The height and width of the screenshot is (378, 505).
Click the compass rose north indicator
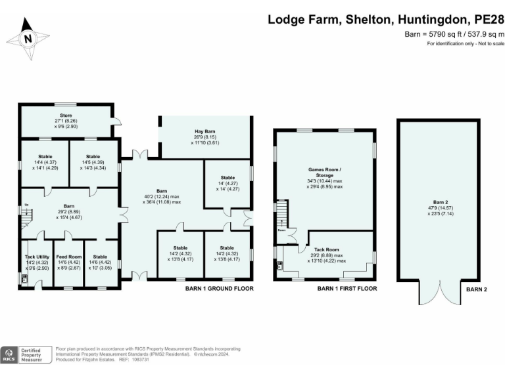pyautogui.click(x=28, y=38)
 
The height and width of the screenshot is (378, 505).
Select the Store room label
pyautogui.click(x=66, y=115)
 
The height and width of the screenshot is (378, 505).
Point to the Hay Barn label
pyautogui.click(x=206, y=131)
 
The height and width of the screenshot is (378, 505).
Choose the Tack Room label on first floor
pyautogui.click(x=326, y=249)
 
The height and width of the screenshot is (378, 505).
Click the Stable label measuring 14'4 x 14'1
pyautogui.click(x=45, y=157)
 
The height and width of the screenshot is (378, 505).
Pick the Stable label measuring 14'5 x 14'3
pyautogui.click(x=93, y=157)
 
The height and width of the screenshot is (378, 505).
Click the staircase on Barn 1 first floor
pyautogui.click(x=281, y=213)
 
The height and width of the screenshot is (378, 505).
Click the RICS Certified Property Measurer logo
pyautogui.click(x=26, y=355)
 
